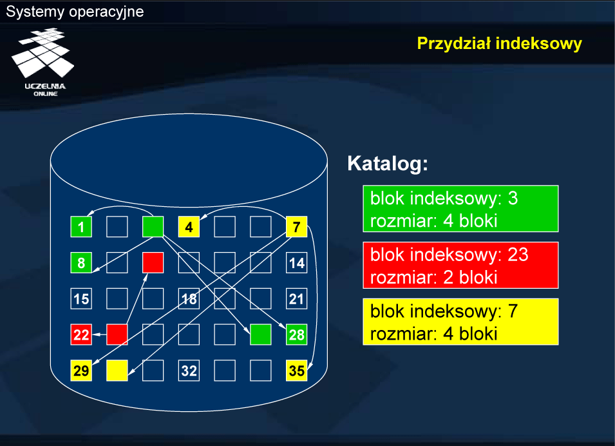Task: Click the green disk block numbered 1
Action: point(81,226)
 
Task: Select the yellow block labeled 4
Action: point(189,226)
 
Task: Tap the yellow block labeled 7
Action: point(296,226)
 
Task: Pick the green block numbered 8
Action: point(81,263)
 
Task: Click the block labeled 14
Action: point(296,263)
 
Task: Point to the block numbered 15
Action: point(81,299)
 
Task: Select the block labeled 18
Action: point(189,299)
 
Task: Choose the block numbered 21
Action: point(296,299)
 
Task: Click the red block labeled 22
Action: point(81,334)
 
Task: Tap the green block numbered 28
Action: point(296,334)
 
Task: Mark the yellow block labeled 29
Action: point(81,371)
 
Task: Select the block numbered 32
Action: point(189,371)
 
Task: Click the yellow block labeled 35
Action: point(296,371)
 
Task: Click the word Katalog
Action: point(387,164)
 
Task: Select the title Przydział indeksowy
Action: point(499,44)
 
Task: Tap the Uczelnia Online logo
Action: point(44,62)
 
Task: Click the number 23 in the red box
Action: point(518,255)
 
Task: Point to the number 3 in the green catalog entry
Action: point(513,199)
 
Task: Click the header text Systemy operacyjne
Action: point(75,12)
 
